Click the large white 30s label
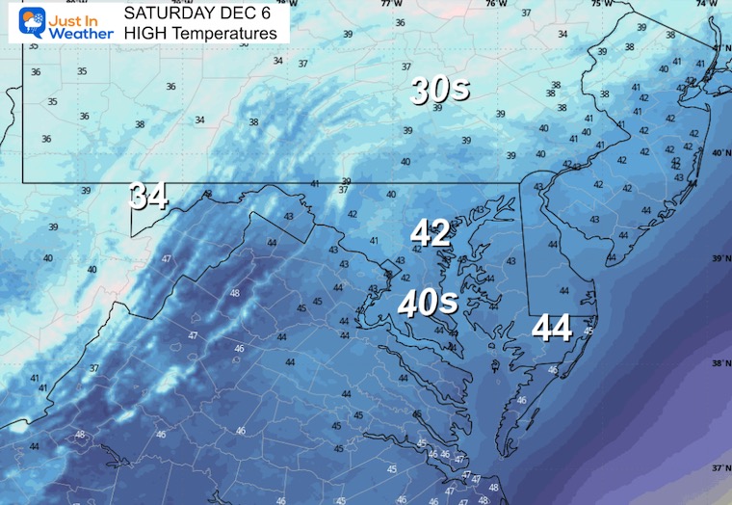tap(440, 91)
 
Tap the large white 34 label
tap(149, 197)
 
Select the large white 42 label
tap(431, 232)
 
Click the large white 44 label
tap(553, 329)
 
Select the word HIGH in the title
tap(144, 33)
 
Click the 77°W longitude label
tap(391, 4)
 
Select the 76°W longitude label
tap(496, 4)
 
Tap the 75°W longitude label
tap(601, 4)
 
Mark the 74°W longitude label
tap(711, 4)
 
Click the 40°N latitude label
tap(718, 153)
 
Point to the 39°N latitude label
tap(718, 258)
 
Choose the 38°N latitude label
tap(718, 363)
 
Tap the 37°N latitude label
tap(718, 466)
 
